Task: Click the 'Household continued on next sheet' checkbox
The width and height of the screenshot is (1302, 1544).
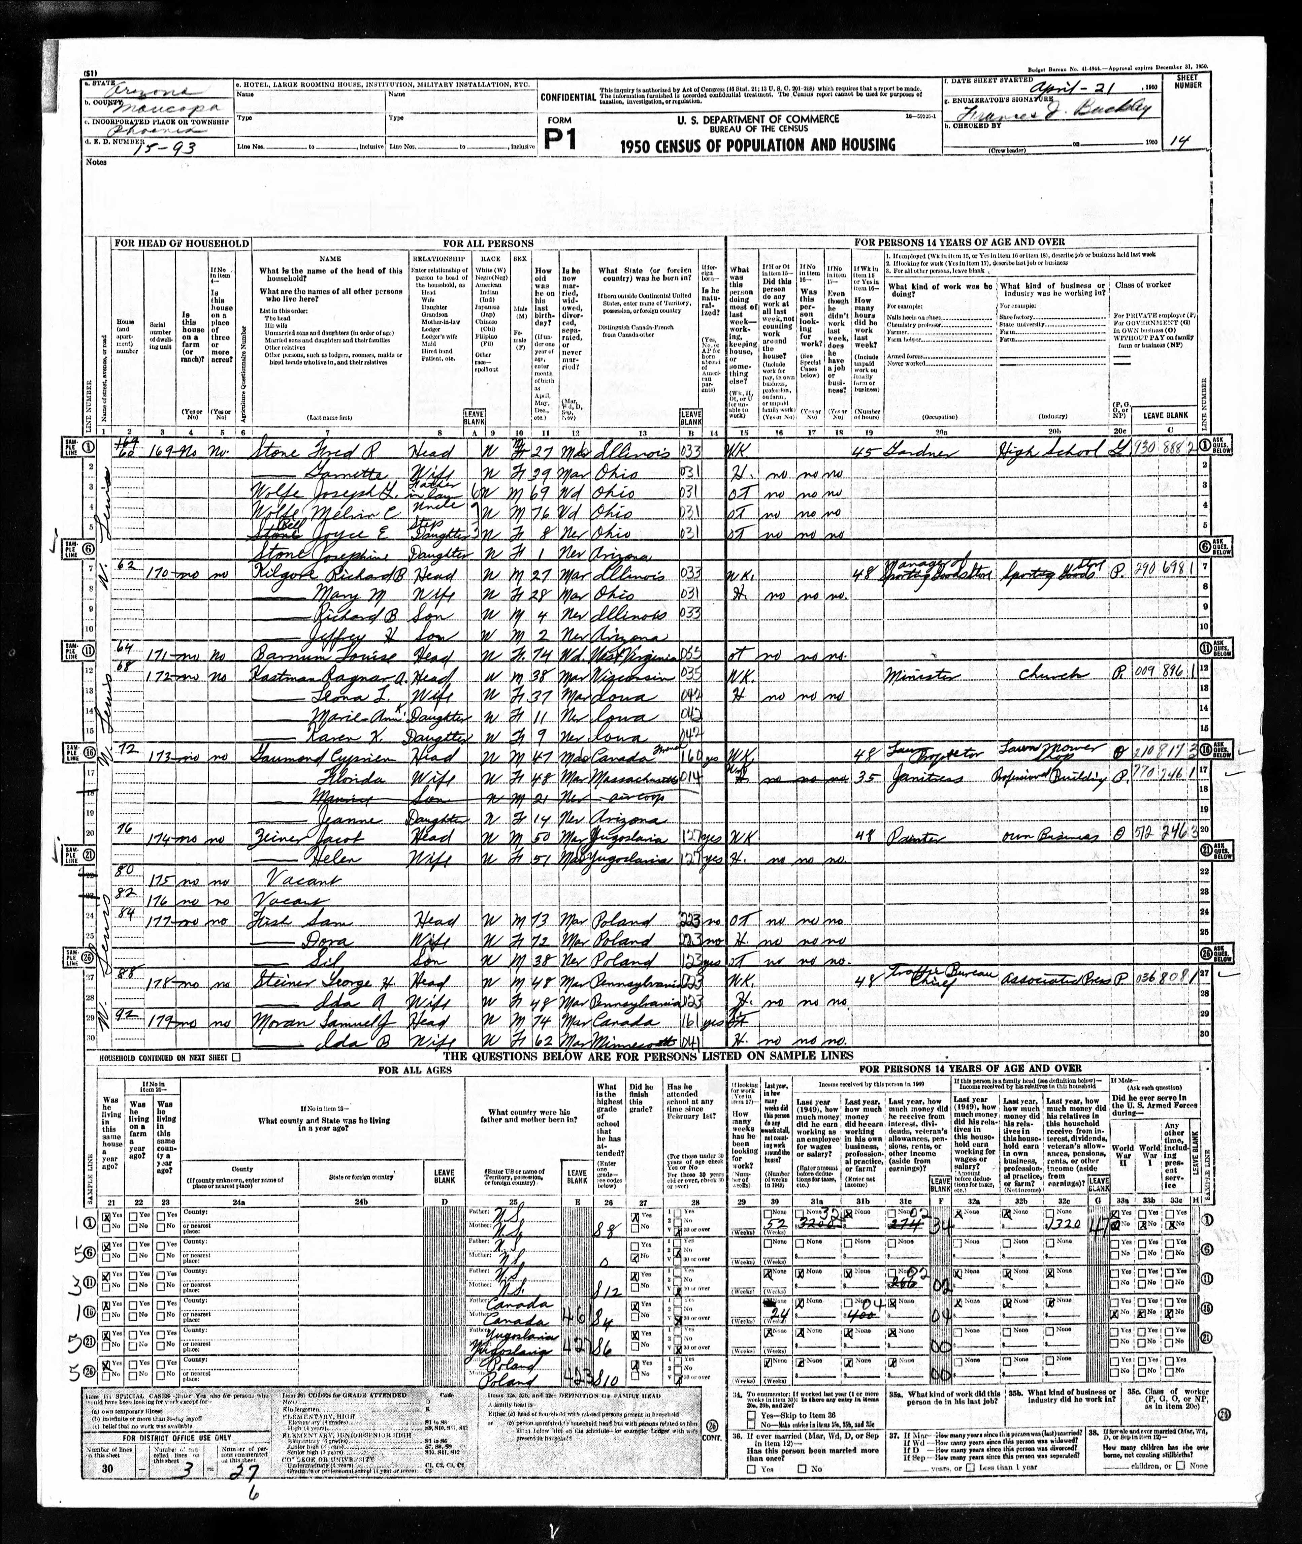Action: coord(236,1057)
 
